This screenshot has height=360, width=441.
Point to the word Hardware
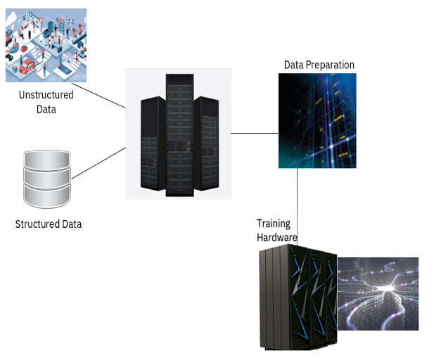click(276, 238)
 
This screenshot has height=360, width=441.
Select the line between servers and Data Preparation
click(255, 132)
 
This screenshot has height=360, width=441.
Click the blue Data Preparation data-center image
click(317, 120)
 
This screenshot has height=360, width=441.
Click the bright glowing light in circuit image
click(386, 289)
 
